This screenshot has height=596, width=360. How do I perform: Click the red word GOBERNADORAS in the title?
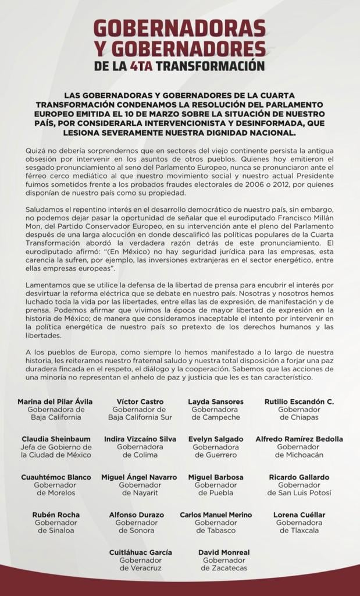click(180, 29)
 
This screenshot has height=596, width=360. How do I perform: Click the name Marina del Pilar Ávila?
click(55, 402)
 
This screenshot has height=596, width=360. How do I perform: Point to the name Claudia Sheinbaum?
click(56, 439)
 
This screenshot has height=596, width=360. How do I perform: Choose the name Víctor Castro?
click(140, 402)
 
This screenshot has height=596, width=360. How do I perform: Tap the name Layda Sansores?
click(215, 402)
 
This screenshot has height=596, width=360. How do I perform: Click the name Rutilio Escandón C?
click(299, 402)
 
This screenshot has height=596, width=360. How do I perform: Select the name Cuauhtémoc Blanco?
click(56, 477)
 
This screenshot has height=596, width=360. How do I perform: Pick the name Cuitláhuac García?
click(140, 552)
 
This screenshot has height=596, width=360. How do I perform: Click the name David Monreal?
click(224, 552)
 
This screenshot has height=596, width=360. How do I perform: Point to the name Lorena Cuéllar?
click(299, 515)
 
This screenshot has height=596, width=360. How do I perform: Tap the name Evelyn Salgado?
click(215, 439)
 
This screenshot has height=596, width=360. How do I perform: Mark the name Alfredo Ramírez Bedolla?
click(299, 439)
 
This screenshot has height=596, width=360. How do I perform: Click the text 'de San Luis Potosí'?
click(299, 493)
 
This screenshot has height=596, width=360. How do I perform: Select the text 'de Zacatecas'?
click(224, 568)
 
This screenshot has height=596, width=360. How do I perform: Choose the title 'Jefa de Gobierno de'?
click(56, 447)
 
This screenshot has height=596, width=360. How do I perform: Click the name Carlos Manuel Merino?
click(215, 515)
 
